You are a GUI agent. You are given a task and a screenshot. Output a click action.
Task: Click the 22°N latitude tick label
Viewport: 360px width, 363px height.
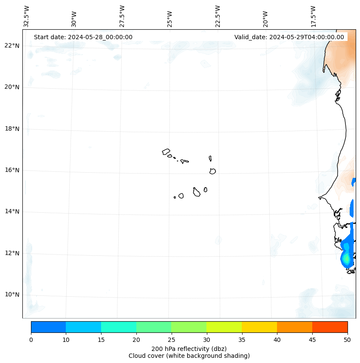tap(11, 46)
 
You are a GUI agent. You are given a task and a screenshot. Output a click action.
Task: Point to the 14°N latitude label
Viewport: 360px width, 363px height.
tap(11, 211)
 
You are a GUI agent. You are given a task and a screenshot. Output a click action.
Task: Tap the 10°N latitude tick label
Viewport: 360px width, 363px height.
tap(11, 295)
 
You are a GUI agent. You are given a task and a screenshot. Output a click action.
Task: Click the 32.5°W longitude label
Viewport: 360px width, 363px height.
tap(27, 16)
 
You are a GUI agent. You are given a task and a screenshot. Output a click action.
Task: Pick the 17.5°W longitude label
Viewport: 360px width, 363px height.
tap(313, 16)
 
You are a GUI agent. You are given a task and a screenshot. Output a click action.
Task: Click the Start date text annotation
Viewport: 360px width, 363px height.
tap(83, 37)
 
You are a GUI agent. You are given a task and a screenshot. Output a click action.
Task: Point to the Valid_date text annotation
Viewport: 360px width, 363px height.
tap(289, 37)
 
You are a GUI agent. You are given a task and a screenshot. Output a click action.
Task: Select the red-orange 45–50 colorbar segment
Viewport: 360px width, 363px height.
tap(330, 327)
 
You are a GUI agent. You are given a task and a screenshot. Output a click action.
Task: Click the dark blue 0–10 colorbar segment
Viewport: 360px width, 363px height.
tap(48, 327)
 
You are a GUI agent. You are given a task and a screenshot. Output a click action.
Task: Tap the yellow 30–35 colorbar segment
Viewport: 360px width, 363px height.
tap(224, 327)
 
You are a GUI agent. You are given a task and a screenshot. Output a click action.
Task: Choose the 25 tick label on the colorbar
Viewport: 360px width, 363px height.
tap(171, 340)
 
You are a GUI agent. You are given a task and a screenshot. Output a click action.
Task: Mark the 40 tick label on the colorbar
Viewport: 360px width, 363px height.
tap(277, 340)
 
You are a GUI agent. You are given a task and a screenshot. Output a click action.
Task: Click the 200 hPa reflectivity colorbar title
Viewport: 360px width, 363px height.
tap(189, 348)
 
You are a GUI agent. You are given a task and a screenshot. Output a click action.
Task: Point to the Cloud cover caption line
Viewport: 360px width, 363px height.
tap(189, 356)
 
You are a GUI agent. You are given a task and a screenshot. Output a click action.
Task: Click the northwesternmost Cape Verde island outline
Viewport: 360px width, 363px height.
tap(166, 152)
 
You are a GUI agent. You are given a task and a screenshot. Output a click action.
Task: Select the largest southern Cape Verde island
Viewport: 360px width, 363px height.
tap(197, 192)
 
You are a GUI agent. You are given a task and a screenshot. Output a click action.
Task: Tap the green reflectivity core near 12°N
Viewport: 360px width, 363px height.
tap(346, 259)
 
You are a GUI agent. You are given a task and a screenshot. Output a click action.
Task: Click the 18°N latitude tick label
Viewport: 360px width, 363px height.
tap(11, 128)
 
